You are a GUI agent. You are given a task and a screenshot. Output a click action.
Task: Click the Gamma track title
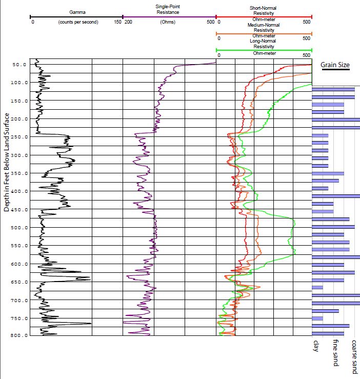click(x=78, y=11)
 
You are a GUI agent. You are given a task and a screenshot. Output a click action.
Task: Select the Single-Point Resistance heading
click(x=168, y=9)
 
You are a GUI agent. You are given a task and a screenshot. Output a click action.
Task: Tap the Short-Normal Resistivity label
click(x=264, y=11)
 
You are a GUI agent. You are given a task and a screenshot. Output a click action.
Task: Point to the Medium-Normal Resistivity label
click(x=264, y=28)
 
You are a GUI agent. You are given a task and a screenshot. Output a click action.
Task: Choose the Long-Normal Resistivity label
click(x=264, y=44)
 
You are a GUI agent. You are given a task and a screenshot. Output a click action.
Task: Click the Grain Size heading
click(x=335, y=65)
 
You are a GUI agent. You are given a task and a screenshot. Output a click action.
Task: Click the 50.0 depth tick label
click(x=19, y=65)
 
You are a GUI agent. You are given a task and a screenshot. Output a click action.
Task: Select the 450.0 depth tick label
click(x=18, y=210)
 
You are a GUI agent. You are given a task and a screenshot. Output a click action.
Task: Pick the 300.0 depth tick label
click(x=18, y=155)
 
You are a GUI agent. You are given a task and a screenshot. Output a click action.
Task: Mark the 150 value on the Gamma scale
click(x=118, y=23)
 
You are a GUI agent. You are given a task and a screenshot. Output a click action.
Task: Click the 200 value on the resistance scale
click(x=128, y=23)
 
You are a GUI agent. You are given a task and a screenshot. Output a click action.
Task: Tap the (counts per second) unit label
click(x=78, y=23)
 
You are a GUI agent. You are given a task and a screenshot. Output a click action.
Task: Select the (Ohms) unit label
click(x=168, y=23)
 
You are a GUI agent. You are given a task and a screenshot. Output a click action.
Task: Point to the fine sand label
click(x=335, y=353)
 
